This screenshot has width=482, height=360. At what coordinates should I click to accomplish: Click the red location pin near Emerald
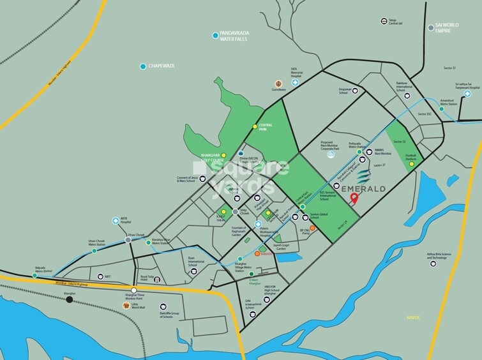point(355,199)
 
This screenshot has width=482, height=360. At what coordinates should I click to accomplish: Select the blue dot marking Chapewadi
point(143,66)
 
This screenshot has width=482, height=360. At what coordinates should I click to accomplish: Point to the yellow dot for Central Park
point(255,126)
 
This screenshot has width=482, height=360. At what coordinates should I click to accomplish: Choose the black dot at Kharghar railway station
point(69,299)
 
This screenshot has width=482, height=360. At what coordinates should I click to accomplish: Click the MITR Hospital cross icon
point(115,219)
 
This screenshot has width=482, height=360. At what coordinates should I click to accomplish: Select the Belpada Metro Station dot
point(34,275)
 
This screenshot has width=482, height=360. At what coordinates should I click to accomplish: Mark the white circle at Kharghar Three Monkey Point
point(134,290)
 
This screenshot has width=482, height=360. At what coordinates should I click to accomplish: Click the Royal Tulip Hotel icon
point(156,280)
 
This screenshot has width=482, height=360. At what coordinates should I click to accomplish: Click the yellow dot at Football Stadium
point(411,163)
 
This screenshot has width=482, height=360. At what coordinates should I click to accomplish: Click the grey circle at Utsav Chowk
point(128,241)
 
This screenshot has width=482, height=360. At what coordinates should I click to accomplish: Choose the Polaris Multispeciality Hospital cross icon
point(259,225)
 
